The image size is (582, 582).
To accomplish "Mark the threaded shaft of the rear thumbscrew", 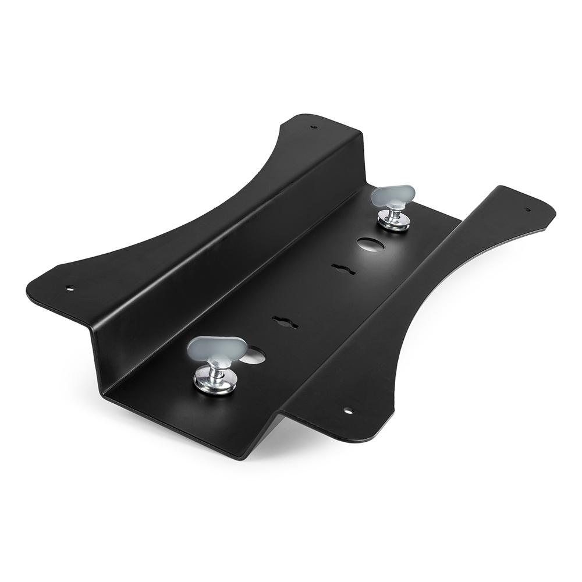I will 395,211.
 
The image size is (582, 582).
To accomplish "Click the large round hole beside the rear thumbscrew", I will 368,244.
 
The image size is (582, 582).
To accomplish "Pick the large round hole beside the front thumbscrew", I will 254,356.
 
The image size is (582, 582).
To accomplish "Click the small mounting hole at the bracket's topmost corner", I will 314,126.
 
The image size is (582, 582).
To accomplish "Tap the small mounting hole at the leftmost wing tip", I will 70,288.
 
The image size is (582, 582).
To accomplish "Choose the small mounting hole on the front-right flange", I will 348,411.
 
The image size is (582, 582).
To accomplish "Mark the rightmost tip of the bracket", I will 555,210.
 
